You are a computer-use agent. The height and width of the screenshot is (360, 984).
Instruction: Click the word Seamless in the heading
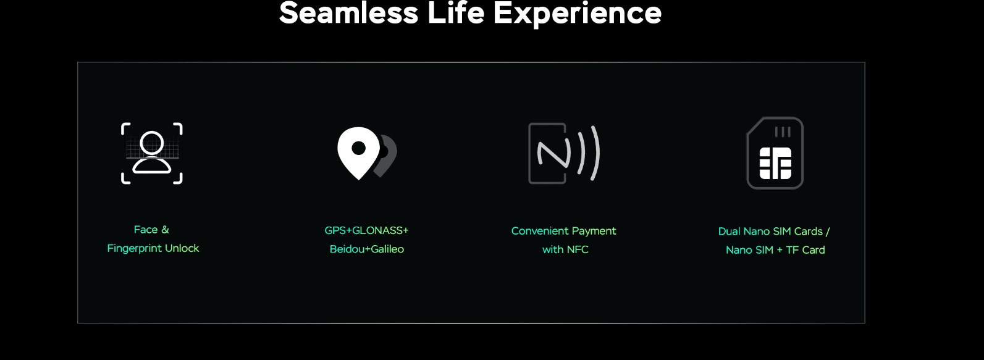click(x=348, y=13)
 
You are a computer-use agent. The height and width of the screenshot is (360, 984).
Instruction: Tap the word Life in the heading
click(x=455, y=13)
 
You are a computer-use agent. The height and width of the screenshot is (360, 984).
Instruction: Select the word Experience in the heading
click(x=577, y=15)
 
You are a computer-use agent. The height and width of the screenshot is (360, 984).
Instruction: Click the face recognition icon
click(x=151, y=153)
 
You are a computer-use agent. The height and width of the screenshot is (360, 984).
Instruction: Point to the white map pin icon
click(x=358, y=153)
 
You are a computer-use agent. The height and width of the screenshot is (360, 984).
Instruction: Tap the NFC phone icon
click(x=564, y=153)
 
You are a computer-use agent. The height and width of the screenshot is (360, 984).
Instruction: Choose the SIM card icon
click(x=775, y=153)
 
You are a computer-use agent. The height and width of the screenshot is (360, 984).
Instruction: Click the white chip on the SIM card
click(x=775, y=163)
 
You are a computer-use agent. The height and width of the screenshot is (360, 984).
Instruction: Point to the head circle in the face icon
click(x=152, y=143)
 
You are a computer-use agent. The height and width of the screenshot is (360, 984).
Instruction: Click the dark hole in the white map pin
click(x=358, y=148)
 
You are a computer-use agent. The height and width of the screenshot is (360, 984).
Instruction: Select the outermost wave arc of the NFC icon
click(x=595, y=153)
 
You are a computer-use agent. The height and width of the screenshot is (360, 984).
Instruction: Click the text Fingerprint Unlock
click(x=153, y=248)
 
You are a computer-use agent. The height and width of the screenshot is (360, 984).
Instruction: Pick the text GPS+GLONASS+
click(x=366, y=230)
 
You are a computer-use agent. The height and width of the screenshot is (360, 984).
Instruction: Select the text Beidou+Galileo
click(x=367, y=249)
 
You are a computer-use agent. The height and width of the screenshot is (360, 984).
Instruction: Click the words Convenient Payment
click(x=563, y=232)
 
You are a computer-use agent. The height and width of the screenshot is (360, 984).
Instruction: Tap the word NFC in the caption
click(x=577, y=249)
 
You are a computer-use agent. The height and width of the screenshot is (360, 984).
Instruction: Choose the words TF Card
click(x=805, y=250)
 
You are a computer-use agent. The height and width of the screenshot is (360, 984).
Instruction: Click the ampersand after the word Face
click(x=165, y=230)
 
